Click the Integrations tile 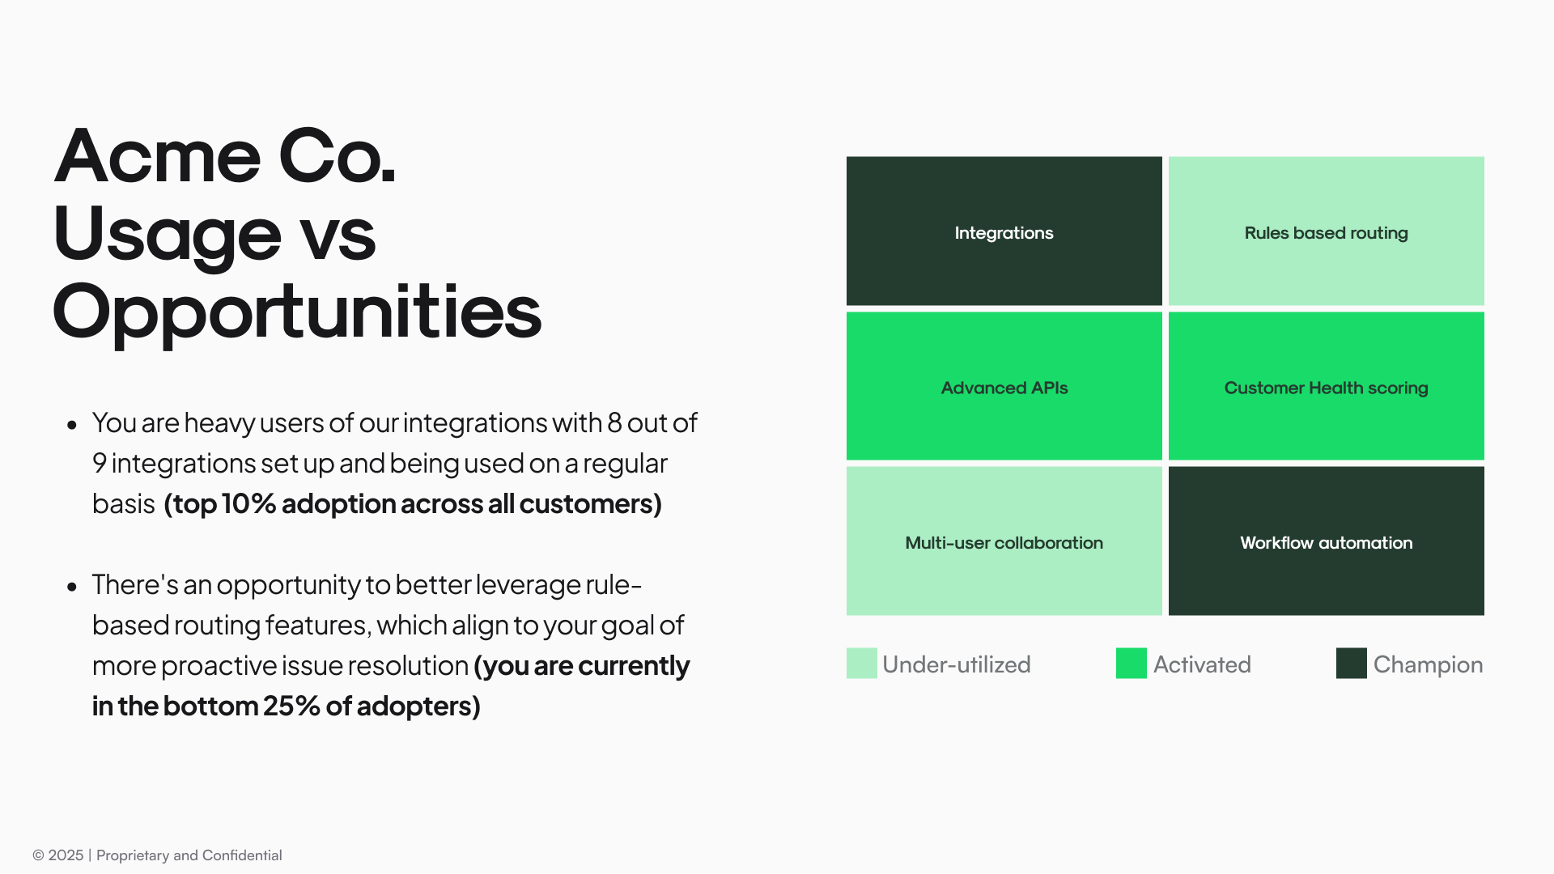[1004, 231]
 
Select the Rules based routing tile [1326, 231]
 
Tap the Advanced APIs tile [1004, 386]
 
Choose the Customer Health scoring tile [1326, 386]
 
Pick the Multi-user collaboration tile [1004, 541]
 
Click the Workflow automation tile [1326, 541]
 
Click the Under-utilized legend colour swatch [861, 663]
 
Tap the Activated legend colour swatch [1131, 663]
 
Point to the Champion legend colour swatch [1351, 663]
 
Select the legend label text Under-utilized [956, 664]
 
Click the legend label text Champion [1428, 665]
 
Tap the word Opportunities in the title [297, 314]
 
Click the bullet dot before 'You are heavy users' [72, 424]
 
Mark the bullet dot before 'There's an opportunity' [72, 586]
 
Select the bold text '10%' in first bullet [248, 503]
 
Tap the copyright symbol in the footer [38, 855]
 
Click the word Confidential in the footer [242, 855]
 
